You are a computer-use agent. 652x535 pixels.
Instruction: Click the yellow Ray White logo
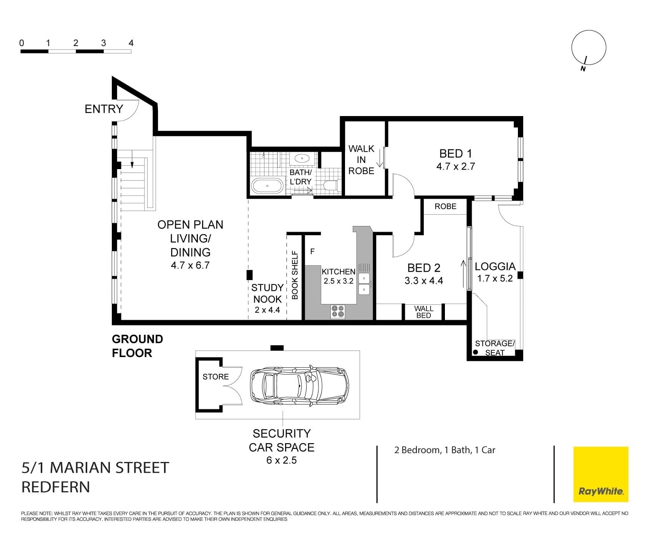[x=601, y=474]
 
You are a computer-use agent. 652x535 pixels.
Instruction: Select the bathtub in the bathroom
[x=267, y=186]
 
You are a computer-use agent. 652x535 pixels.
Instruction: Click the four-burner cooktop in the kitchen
[x=338, y=312]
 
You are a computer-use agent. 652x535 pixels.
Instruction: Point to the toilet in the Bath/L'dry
[x=331, y=186]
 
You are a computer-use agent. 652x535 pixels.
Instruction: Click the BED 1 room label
[x=455, y=154]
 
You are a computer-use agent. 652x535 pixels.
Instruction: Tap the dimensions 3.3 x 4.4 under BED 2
[x=423, y=281]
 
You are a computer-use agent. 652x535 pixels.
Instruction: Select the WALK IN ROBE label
[x=361, y=160]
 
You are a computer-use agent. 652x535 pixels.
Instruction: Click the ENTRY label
[x=104, y=109]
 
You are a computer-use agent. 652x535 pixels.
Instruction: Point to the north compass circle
[x=588, y=47]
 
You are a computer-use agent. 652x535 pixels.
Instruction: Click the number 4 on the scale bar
[x=131, y=43]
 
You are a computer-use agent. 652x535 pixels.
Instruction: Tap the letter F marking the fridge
[x=312, y=252]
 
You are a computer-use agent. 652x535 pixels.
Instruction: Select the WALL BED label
[x=423, y=312]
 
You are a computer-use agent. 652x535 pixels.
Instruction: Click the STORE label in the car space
[x=216, y=377]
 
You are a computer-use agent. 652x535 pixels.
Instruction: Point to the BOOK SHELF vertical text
[x=295, y=275]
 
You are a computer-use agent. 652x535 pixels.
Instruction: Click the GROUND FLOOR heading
[x=137, y=346]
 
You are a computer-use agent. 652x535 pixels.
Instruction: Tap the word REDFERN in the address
[x=56, y=487]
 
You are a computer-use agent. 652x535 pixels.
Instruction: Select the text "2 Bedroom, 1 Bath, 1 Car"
[x=445, y=450]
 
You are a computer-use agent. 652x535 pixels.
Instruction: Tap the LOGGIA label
[x=495, y=266]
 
